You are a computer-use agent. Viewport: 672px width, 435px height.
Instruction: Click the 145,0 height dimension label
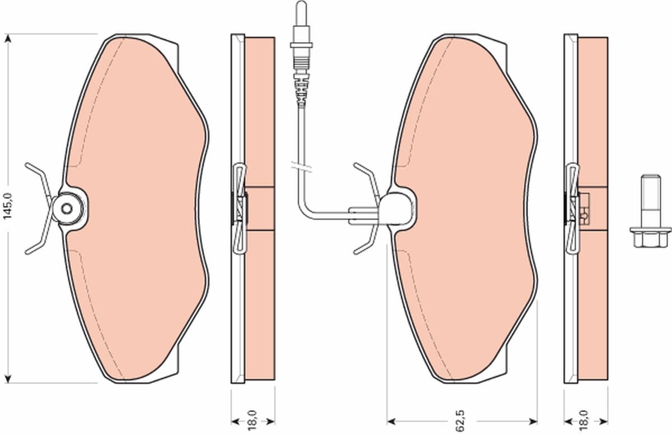7,206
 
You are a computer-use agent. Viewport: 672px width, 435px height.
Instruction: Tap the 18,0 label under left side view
253,421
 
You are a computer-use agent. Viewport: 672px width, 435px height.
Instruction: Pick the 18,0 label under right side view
586,421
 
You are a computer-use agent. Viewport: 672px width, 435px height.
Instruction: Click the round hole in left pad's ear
67,209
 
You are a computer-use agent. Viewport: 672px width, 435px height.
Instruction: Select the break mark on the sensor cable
301,167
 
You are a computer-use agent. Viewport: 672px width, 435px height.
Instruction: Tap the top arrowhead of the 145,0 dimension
8,39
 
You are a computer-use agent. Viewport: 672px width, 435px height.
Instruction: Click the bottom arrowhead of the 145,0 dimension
8,378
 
